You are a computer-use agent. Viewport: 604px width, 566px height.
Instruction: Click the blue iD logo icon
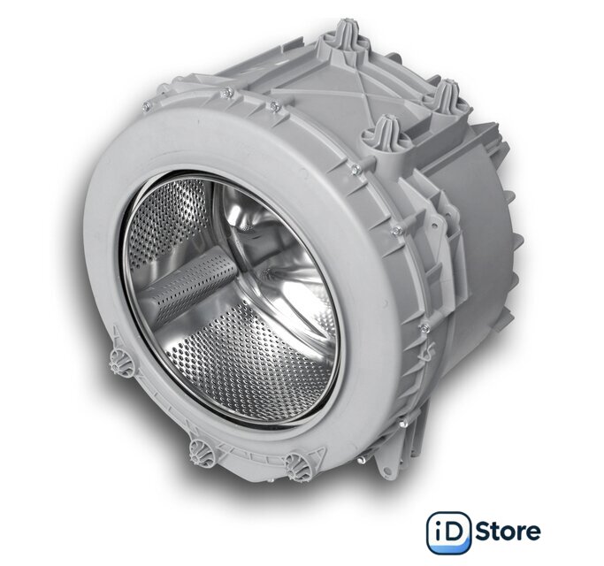tap(449, 532)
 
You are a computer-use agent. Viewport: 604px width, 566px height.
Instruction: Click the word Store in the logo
tap(508, 532)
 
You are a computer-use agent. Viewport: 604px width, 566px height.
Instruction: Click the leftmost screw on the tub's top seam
tap(146, 108)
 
